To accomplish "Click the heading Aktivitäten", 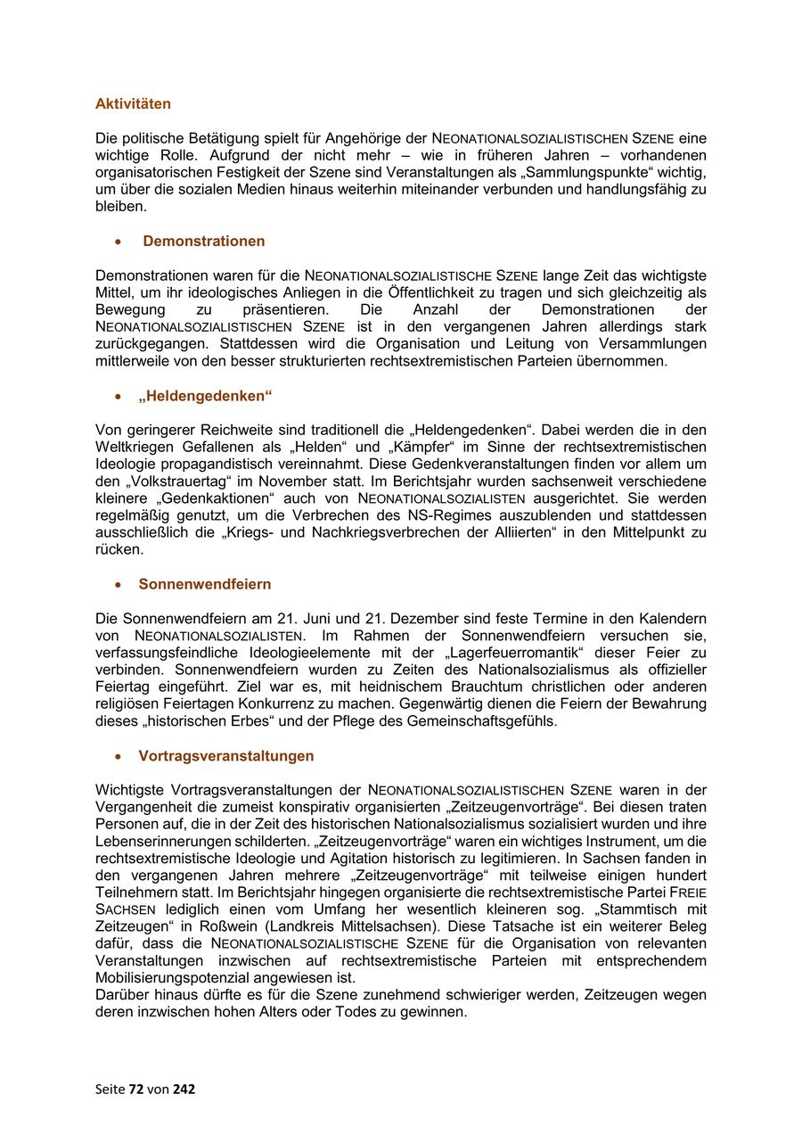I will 133,103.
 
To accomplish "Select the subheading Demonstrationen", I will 203,241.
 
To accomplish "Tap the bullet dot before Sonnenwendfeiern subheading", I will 118,585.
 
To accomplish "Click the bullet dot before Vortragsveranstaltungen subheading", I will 118,756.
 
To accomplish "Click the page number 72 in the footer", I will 135,1089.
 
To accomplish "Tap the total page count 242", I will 184,1089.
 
